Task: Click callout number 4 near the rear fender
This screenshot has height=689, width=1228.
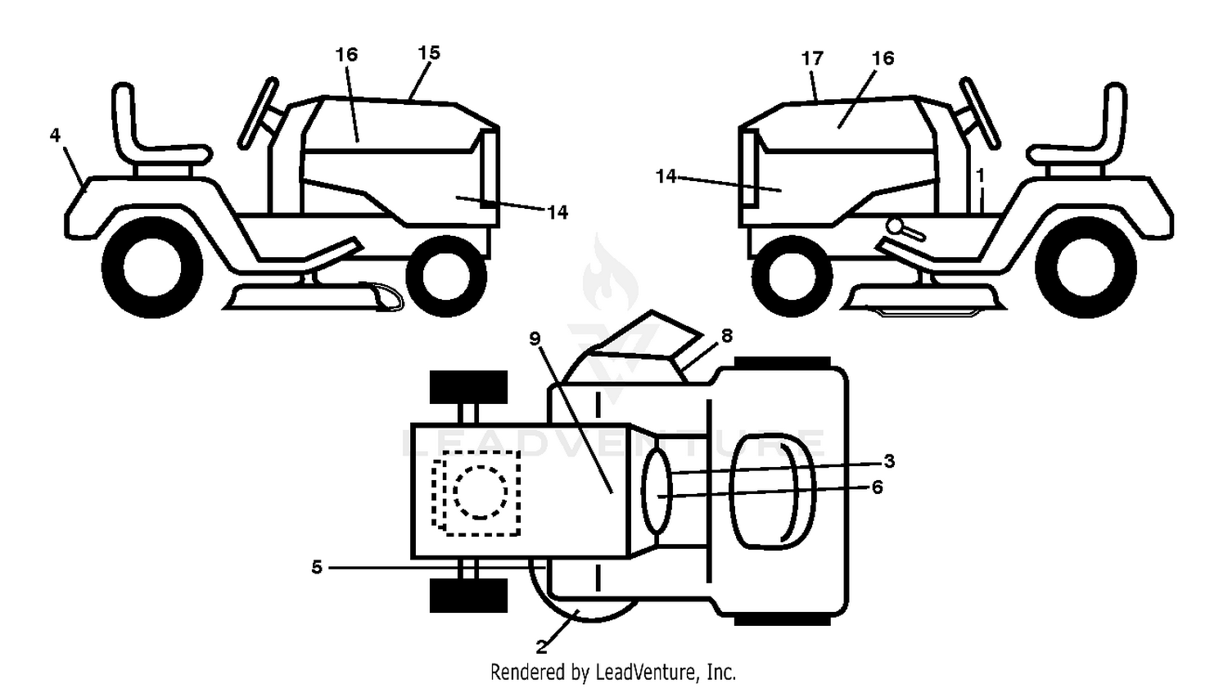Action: (x=55, y=135)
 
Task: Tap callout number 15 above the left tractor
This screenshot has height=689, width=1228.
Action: (x=429, y=53)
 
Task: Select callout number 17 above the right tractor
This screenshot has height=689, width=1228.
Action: (x=812, y=58)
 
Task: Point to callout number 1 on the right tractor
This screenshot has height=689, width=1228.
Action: (x=980, y=175)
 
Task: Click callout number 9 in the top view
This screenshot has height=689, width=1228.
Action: (x=535, y=339)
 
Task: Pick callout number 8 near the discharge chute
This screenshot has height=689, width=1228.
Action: (x=727, y=336)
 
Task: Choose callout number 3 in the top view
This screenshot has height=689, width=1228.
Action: (x=889, y=461)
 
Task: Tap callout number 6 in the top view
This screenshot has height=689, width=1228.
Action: (x=877, y=487)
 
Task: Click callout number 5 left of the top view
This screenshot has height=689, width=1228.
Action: (x=316, y=567)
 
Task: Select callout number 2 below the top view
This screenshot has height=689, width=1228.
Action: (x=542, y=647)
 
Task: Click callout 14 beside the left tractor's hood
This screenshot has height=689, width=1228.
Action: (x=558, y=212)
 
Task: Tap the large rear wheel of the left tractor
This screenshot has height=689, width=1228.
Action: (x=152, y=268)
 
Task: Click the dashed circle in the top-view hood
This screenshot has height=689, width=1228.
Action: (x=481, y=492)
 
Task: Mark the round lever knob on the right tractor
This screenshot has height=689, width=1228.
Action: (x=895, y=225)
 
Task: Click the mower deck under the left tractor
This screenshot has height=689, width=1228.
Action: (x=313, y=297)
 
